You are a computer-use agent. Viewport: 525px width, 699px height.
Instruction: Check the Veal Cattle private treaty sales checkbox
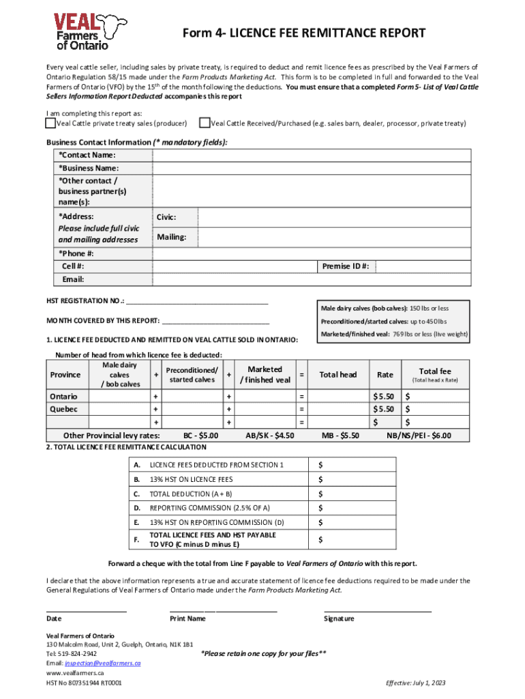click(50, 124)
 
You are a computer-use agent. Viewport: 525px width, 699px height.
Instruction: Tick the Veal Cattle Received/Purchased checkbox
click(204, 124)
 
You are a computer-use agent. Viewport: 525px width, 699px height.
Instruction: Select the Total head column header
click(338, 375)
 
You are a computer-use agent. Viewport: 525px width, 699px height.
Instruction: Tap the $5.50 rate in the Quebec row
click(383, 410)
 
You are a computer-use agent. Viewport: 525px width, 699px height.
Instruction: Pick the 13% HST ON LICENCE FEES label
click(191, 479)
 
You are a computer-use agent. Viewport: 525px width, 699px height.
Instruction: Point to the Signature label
click(339, 618)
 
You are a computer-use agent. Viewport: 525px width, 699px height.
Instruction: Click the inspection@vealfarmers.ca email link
click(102, 663)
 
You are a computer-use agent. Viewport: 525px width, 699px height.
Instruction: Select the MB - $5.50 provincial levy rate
click(340, 436)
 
